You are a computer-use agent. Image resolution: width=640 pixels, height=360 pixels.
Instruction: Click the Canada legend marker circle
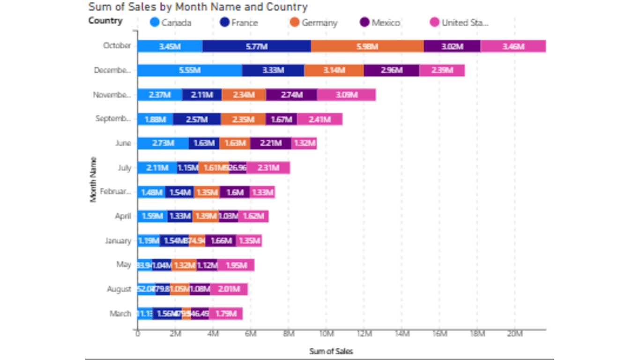pos(154,22)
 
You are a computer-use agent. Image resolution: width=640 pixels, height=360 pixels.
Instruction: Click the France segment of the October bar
pos(257,46)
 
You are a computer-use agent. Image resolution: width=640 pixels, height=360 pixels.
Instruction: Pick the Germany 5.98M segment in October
pos(367,46)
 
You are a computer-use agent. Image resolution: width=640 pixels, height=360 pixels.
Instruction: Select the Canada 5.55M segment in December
pos(190,70)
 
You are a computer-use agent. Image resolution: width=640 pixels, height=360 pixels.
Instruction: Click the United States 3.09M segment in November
pos(346,95)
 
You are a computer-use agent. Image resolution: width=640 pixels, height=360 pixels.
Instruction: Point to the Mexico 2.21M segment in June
pos(270,143)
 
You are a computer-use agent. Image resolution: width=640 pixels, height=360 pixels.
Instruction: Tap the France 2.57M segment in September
pos(197,119)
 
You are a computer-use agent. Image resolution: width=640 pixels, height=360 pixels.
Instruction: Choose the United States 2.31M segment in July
pos(268,168)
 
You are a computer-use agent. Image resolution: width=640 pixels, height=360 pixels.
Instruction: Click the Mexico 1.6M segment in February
pos(235,192)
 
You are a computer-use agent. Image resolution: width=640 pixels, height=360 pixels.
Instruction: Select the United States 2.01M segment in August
pos(229,289)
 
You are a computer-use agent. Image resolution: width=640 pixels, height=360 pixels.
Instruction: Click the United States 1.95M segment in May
pos(236,265)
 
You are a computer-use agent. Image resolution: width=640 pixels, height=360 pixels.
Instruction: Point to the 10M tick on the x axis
pos(326,334)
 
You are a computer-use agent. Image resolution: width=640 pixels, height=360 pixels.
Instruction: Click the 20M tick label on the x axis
pos(515,334)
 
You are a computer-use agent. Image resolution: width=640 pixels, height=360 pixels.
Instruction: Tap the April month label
pos(123,216)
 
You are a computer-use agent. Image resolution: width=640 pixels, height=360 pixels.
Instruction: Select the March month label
pos(120,314)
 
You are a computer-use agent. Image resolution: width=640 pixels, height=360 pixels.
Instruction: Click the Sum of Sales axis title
pos(331,351)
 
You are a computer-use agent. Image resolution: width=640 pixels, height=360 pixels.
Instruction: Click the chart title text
pos(198,7)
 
